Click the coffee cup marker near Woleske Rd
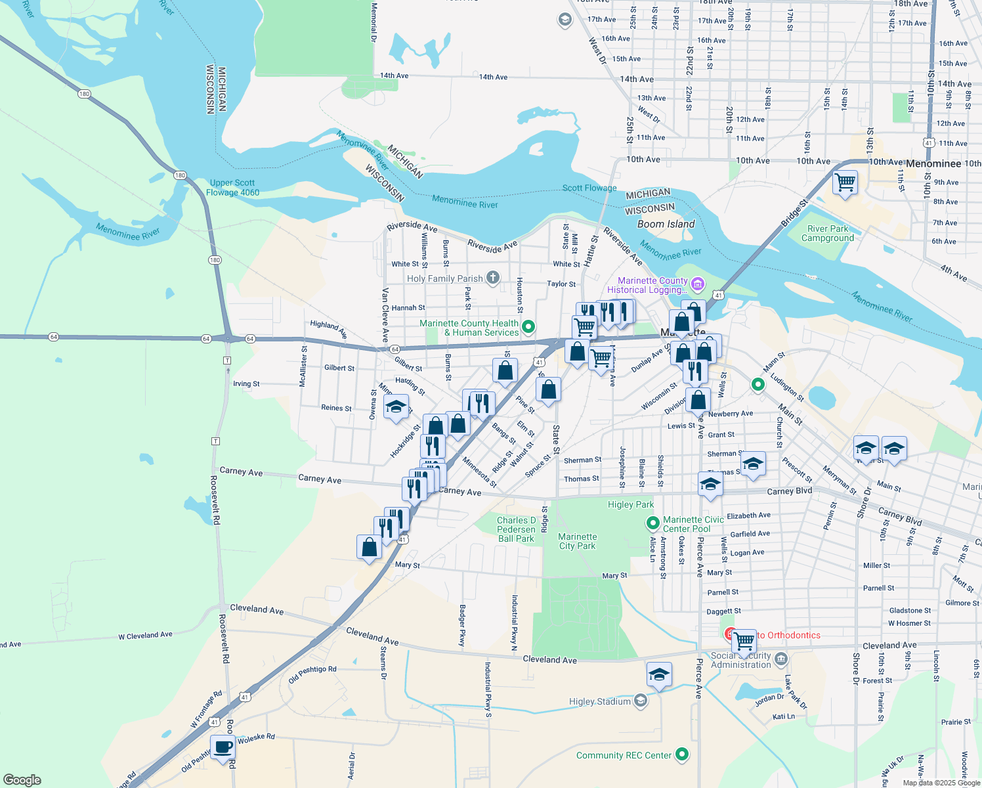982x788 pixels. [x=223, y=747]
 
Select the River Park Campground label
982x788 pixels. [x=828, y=234]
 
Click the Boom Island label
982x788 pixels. [x=666, y=224]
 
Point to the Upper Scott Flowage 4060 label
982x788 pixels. [x=232, y=188]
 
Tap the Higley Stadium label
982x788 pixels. [x=599, y=701]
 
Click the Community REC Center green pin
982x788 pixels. [x=682, y=755]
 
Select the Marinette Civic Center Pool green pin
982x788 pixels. [x=652, y=523]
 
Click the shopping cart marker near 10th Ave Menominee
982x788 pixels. [x=845, y=182]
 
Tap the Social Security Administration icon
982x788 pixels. [x=780, y=659]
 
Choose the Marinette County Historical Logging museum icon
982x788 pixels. [x=698, y=284]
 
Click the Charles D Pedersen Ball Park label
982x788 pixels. [x=516, y=529]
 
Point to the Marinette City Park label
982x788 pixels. [x=577, y=541]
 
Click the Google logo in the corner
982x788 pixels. [x=22, y=780]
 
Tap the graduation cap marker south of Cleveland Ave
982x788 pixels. [x=659, y=676]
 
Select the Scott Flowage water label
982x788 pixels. [x=589, y=188]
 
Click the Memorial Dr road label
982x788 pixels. [x=374, y=23]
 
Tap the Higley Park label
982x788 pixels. [x=630, y=504]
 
